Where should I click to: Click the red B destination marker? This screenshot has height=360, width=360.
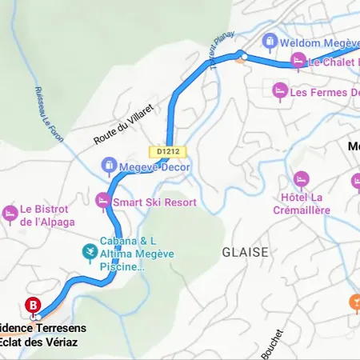pos(33,305)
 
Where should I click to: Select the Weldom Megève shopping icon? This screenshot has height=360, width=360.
pos(270,40)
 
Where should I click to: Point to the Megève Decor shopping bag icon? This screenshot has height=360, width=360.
pos(109,166)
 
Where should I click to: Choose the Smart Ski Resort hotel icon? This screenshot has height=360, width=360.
pos(102,201)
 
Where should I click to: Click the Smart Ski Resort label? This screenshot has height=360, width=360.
pos(154,202)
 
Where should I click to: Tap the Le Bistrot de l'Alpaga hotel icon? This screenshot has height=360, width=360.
pos(10,214)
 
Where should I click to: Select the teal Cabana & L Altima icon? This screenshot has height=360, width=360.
pos(90,253)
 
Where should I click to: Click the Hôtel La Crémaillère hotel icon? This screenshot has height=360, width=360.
pos(301,179)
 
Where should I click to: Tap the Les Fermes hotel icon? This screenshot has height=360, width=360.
pos(279,91)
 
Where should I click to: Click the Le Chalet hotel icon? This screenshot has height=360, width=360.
pos(298,60)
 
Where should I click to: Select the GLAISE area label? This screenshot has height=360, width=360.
pos(245,251)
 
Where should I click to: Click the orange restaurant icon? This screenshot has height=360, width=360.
pos(354,301)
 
